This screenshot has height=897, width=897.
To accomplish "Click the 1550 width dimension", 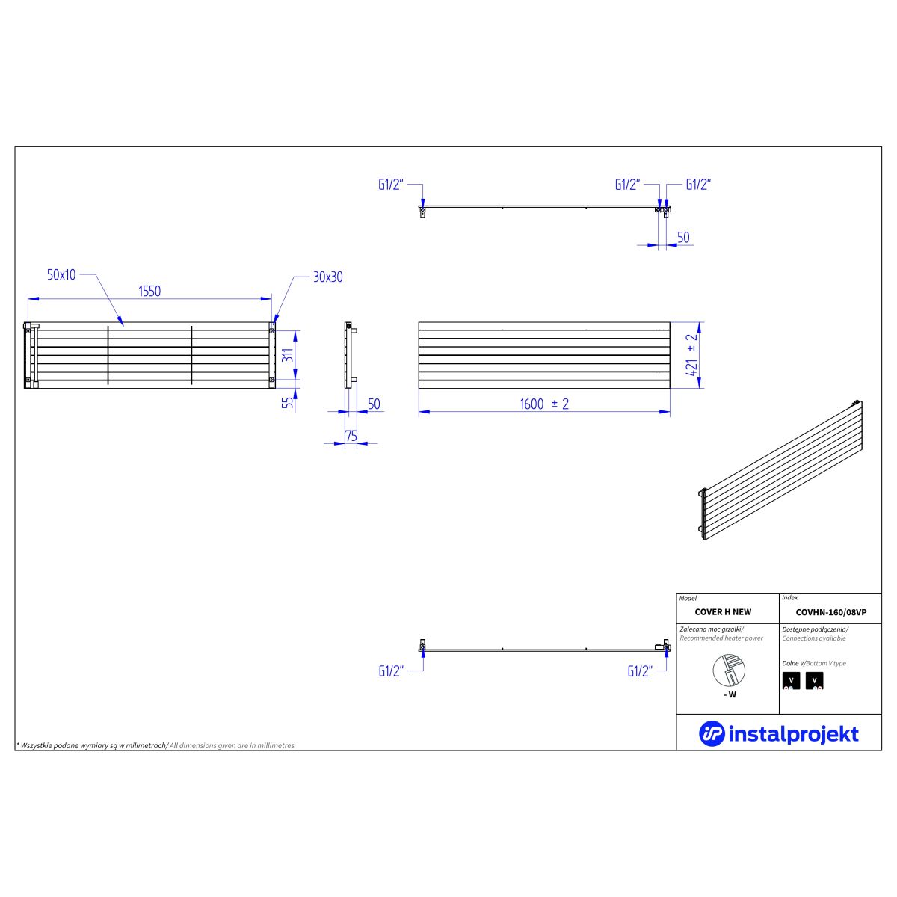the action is pyautogui.click(x=149, y=292).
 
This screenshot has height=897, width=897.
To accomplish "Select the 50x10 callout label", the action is pyautogui.click(x=61, y=274).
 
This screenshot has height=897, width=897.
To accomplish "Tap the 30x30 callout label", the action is pyautogui.click(x=327, y=277).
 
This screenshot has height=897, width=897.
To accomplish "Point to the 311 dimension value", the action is pyautogui.click(x=288, y=355).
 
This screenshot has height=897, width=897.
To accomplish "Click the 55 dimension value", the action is pyautogui.click(x=289, y=403).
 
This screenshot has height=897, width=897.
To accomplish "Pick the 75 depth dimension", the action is pyautogui.click(x=351, y=436).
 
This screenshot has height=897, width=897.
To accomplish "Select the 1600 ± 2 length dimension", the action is pyautogui.click(x=544, y=404).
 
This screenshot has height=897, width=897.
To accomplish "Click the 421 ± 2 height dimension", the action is pyautogui.click(x=691, y=355).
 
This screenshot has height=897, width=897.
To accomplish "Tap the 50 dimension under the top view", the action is pyautogui.click(x=683, y=238).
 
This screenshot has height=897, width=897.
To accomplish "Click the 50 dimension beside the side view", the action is pyautogui.click(x=374, y=404).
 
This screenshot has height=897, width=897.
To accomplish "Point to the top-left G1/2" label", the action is pyautogui.click(x=390, y=185).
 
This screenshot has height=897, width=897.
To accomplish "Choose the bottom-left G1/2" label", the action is pyautogui.click(x=390, y=671).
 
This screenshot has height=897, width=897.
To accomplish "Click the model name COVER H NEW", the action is pyautogui.click(x=723, y=612).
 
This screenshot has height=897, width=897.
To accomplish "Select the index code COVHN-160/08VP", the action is pyautogui.click(x=831, y=613).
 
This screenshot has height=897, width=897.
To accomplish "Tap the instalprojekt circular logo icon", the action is pyautogui.click(x=712, y=733).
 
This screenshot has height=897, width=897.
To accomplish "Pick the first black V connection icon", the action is pyautogui.click(x=791, y=680).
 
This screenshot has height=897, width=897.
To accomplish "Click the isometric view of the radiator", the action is pyautogui.click(x=780, y=470).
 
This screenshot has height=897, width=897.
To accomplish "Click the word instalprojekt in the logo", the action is pyautogui.click(x=793, y=734).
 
